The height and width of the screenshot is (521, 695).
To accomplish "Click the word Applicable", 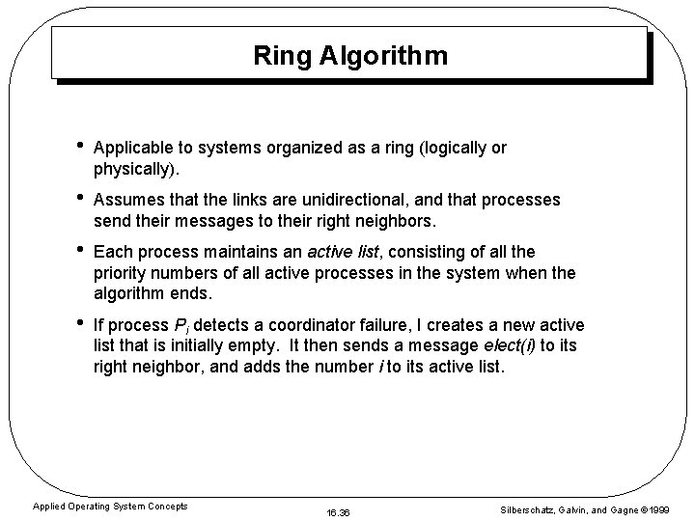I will coord(131,148).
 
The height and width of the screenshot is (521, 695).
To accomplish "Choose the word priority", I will coord(122,273).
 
